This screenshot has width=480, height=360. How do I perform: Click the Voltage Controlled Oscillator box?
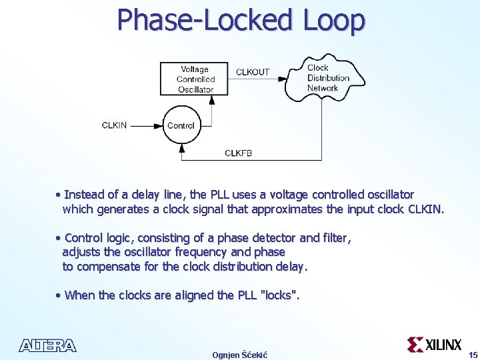pos(195,79)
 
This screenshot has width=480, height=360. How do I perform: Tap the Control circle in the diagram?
pos(181,125)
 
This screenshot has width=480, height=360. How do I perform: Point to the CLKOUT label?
pos(253,72)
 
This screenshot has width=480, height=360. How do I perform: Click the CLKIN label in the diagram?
pos(114,125)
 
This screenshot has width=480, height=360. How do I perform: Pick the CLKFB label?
pos(238,153)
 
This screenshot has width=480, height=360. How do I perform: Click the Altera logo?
pos(48,345)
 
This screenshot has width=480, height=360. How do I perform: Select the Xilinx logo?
pos(435,344)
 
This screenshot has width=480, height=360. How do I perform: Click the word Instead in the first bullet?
pos(84,195)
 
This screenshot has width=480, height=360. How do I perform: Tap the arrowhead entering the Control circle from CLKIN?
pos(160,125)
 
